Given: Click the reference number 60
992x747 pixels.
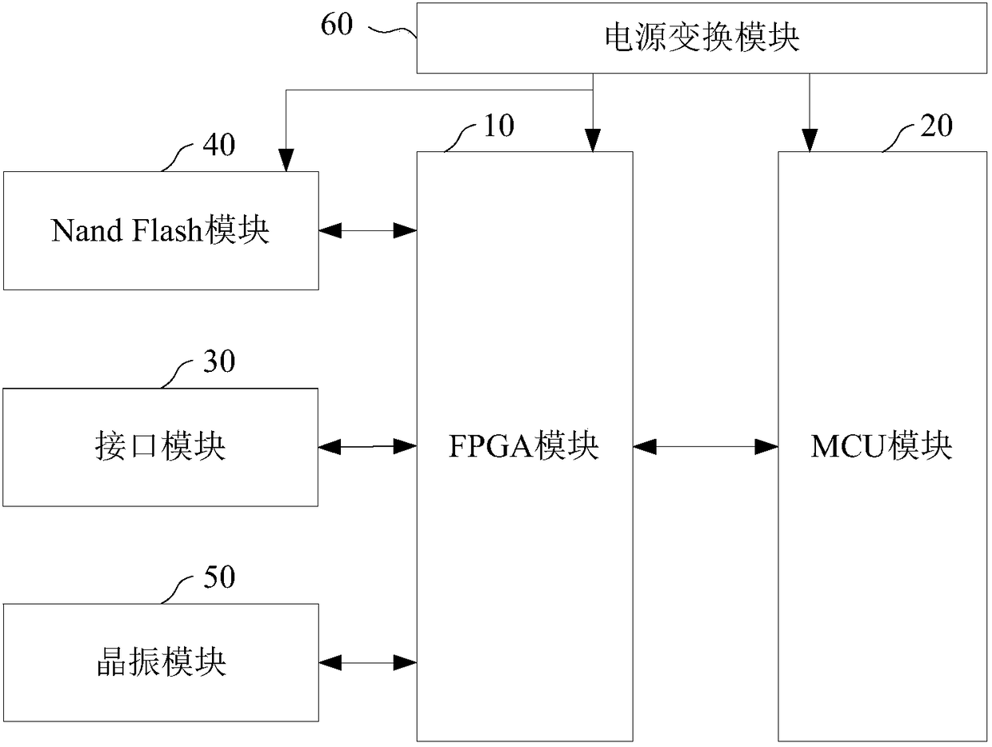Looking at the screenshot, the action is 337,24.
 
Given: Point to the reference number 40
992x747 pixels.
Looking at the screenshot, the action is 218,145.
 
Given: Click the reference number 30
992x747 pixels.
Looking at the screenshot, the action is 219,361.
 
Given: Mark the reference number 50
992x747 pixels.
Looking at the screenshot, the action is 219,577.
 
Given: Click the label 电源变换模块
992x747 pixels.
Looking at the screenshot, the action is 702,38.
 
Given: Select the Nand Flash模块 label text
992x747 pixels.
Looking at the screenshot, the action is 161,230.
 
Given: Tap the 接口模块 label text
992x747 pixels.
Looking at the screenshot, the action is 161,446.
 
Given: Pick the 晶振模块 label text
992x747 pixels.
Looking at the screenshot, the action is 162,662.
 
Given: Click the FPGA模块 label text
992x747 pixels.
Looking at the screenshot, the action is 524,446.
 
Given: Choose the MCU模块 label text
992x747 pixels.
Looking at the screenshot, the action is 882,446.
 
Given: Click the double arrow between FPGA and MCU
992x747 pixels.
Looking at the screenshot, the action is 706,446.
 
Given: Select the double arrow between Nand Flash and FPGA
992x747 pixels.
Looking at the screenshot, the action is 368,230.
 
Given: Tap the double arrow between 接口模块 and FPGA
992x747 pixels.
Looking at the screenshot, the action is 367,446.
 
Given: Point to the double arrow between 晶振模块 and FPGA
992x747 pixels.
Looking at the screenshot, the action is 368,662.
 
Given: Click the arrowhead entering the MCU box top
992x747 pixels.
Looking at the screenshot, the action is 810,141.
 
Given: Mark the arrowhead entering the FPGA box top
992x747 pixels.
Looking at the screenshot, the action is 593,141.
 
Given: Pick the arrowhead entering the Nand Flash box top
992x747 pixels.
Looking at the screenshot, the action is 286,160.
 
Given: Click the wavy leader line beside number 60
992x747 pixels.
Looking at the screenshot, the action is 392,31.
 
